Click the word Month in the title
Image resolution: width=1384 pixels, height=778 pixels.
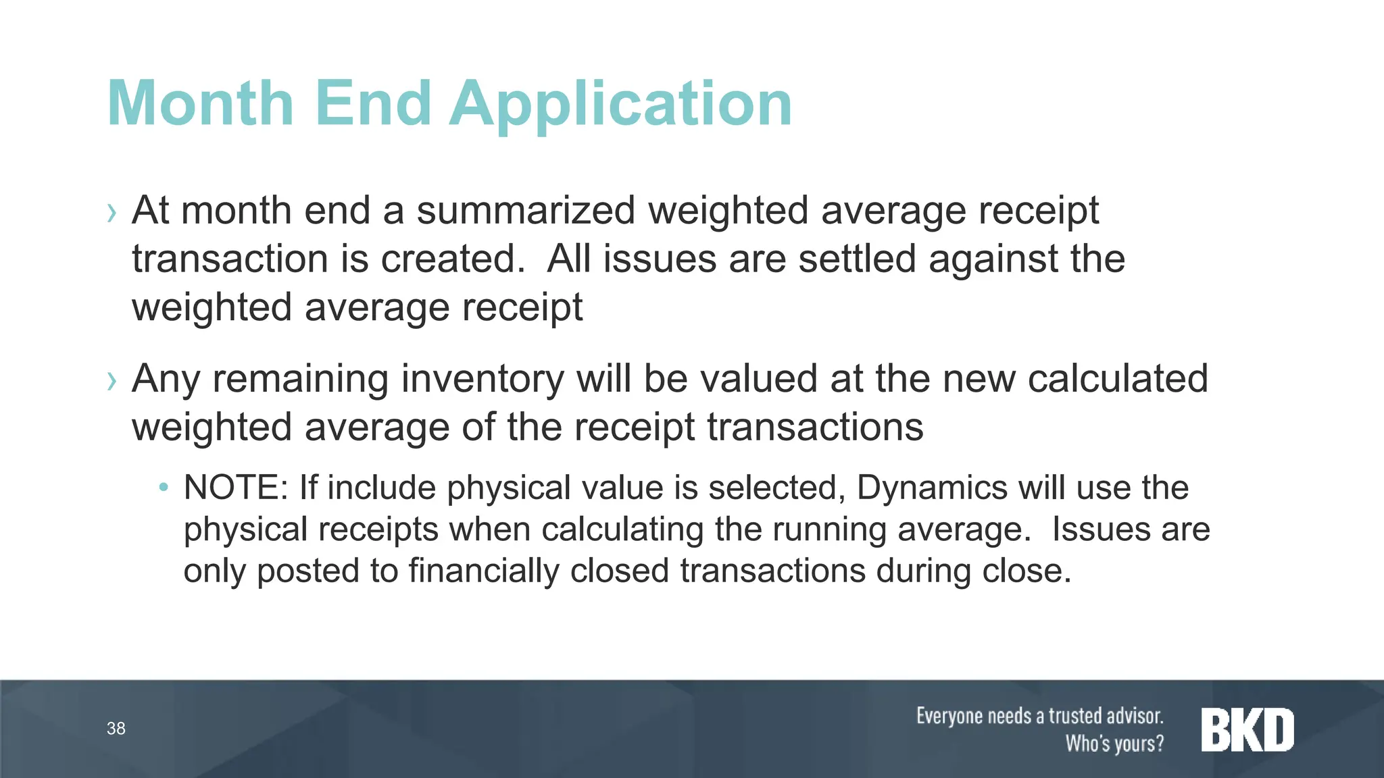click(201, 103)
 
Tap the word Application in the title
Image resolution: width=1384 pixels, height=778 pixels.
click(620, 105)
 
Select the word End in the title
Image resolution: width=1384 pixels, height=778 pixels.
click(373, 103)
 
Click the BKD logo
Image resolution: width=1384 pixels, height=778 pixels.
click(1247, 730)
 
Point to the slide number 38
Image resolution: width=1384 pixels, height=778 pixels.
click(116, 729)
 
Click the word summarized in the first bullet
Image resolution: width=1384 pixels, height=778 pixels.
click(526, 211)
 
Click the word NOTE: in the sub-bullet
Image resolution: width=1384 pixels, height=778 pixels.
click(236, 488)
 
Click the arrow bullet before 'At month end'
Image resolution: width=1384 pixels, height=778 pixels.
click(112, 213)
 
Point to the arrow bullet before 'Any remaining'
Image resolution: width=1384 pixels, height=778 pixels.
click(112, 382)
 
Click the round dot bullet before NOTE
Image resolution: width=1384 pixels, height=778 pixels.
click(163, 488)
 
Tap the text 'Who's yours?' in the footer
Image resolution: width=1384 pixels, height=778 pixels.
click(1114, 744)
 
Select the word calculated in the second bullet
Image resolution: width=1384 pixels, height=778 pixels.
click(1118, 379)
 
